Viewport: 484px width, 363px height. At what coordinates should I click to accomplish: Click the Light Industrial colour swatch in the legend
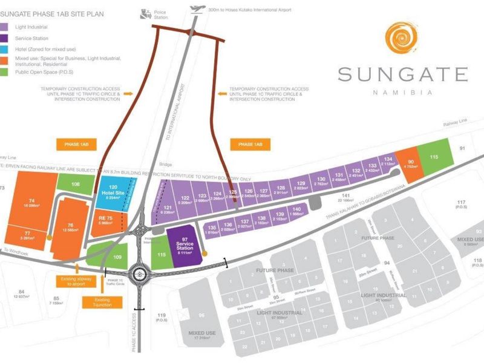(9, 27)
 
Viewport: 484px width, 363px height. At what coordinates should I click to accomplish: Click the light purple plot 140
(297, 211)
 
